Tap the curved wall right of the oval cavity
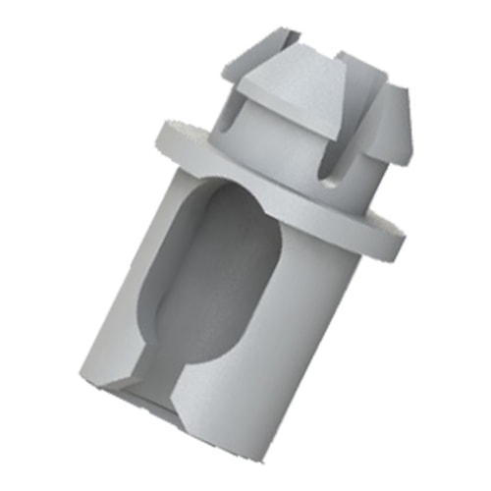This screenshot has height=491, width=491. tap(295, 314)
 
